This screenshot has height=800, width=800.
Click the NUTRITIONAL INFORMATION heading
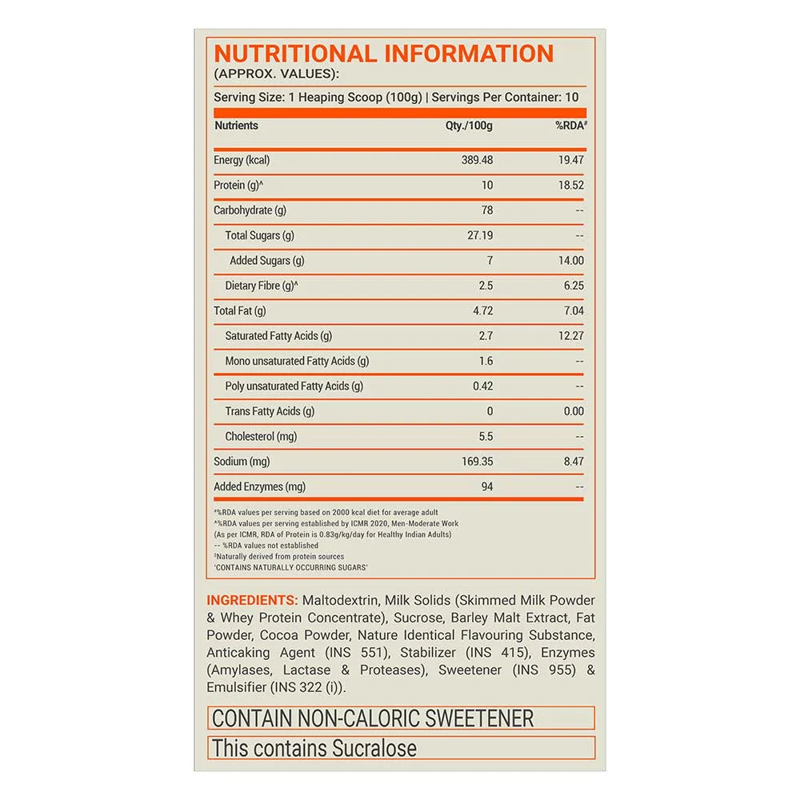(x=384, y=54)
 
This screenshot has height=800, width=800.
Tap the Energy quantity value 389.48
(x=477, y=160)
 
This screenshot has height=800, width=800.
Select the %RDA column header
(x=571, y=126)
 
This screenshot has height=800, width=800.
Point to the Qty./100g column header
(x=469, y=126)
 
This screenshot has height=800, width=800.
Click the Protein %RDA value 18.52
(x=571, y=186)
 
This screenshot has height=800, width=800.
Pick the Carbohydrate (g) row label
(x=250, y=210)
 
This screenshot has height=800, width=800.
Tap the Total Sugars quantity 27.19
(x=478, y=236)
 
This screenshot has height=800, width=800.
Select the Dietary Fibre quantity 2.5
(x=486, y=286)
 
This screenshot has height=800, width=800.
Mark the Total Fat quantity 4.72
(x=482, y=310)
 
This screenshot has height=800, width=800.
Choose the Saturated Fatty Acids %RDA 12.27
(x=571, y=336)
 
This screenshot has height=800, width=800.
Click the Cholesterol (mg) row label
(x=261, y=437)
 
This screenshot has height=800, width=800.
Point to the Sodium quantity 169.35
(x=477, y=462)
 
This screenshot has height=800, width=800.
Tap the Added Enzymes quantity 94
(x=486, y=486)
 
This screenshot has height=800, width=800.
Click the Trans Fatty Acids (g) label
(x=270, y=411)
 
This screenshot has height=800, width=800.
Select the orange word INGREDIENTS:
(x=252, y=601)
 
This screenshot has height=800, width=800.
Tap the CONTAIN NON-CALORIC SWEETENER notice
(x=373, y=718)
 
